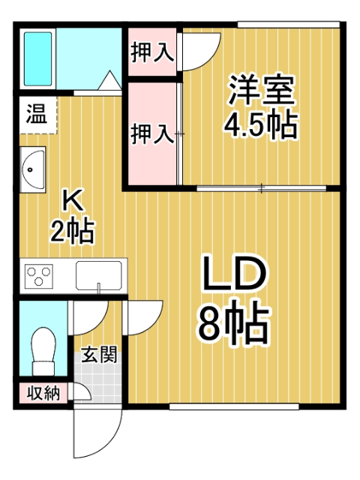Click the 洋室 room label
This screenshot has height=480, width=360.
point(262,91)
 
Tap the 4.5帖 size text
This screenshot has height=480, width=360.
point(262,124)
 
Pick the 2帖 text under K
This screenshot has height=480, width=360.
point(72,231)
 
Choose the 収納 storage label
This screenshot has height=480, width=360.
point(40,391)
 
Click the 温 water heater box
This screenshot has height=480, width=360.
point(35,116)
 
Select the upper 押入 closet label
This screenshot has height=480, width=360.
point(152,52)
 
